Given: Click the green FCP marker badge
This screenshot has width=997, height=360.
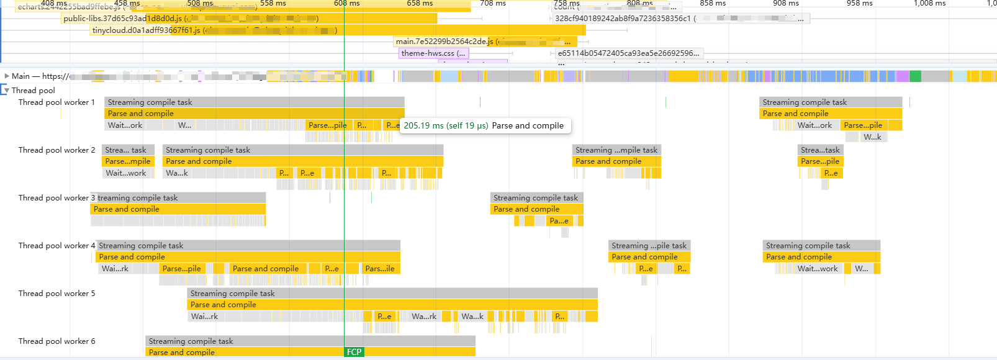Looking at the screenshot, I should coord(354,352).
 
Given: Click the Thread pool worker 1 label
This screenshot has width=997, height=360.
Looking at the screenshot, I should coord(56,102).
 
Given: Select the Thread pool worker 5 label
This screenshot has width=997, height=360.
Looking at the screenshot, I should coord(56,294).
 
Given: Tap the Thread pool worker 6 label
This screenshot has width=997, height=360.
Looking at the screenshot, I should coord(56,341).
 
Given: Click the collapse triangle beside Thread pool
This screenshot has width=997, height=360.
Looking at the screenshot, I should coord(6,91).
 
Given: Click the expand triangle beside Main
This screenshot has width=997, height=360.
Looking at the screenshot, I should coord(6,76).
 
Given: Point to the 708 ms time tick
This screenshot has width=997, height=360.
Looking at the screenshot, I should coord(493,4).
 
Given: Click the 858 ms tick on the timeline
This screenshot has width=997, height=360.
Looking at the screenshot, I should coord(713,4).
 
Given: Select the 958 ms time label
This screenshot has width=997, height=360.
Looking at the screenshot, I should coord(859,4).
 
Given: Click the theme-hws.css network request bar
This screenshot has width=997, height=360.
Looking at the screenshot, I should coord(433,53).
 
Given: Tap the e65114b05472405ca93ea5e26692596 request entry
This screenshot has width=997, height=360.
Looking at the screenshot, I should coord(628,53).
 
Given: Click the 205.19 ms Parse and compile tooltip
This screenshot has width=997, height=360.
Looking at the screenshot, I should coord(484,126).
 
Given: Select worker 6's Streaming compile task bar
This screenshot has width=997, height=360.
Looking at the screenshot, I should coord(310,341).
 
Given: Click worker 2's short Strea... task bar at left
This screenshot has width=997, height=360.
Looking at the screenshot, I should coord(128,150).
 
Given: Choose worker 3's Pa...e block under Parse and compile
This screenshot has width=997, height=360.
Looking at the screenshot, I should coord(559,221).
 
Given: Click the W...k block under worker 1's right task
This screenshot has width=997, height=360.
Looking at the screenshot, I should coord(872,137).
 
